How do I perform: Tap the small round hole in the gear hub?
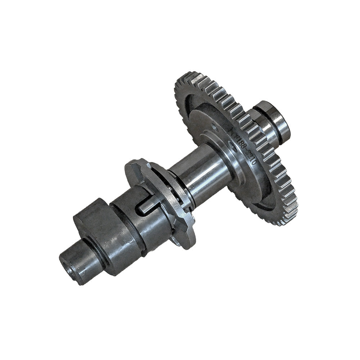pos(215,127)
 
